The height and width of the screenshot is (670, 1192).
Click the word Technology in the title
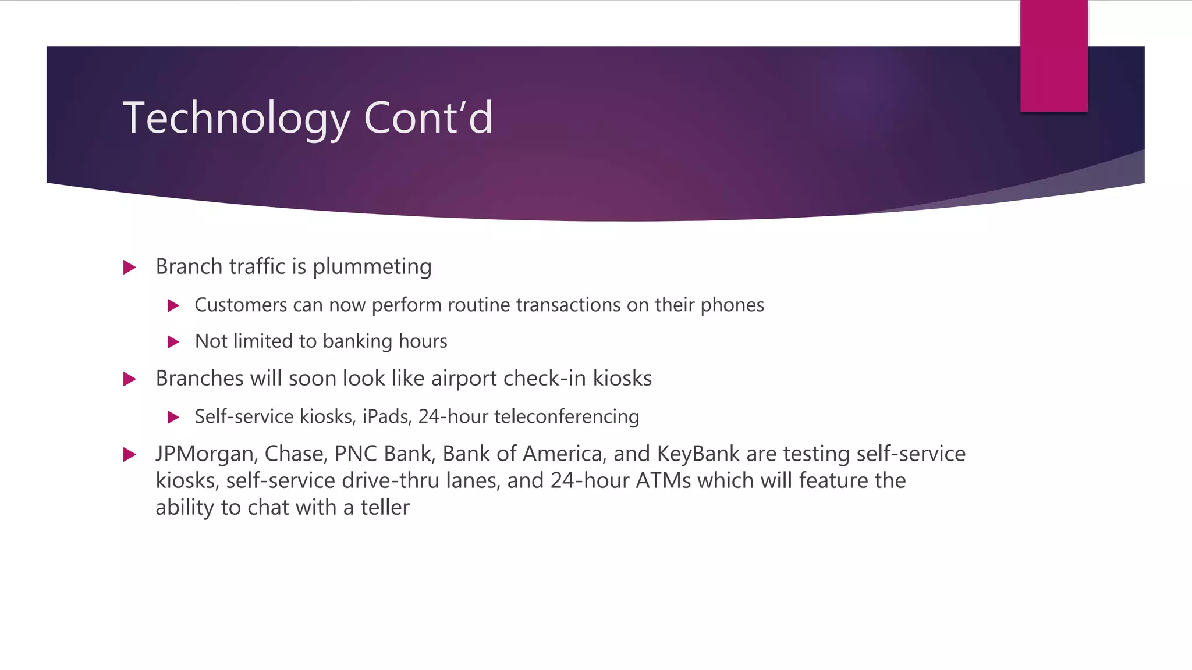pyautogui.click(x=236, y=118)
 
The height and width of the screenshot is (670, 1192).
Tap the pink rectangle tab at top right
pyautogui.click(x=1053, y=56)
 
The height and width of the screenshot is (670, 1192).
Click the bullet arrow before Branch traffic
pyautogui.click(x=130, y=268)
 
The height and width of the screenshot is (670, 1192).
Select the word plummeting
pyautogui.click(x=372, y=267)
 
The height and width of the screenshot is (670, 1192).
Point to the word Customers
pyautogui.click(x=241, y=305)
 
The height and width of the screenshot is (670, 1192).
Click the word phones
pyautogui.click(x=732, y=305)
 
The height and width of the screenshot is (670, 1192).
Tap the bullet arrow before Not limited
pyautogui.click(x=173, y=342)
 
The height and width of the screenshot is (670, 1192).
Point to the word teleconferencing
pyautogui.click(x=566, y=417)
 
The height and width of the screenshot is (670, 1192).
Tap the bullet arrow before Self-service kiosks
pyautogui.click(x=173, y=417)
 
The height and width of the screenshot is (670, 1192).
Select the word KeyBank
pyautogui.click(x=698, y=454)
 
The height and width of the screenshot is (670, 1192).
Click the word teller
pyautogui.click(x=385, y=508)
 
